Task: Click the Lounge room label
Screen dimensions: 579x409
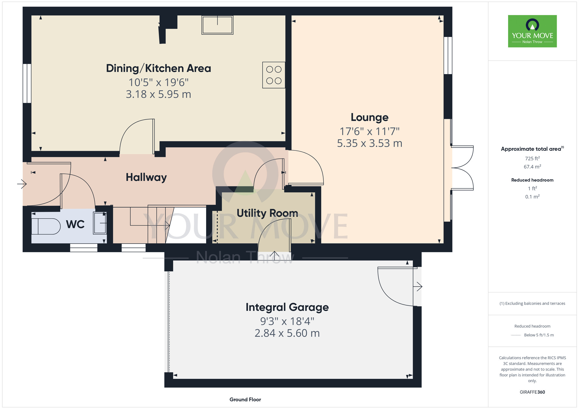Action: [x=369, y=117]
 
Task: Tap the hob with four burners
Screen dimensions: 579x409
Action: [x=274, y=75]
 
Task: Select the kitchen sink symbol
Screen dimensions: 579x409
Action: [x=217, y=25]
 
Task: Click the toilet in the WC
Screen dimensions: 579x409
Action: [x=46, y=226]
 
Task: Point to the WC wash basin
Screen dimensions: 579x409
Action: [x=100, y=223]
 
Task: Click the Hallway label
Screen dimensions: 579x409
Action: [x=146, y=177]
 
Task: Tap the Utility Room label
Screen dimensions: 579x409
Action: [x=267, y=213]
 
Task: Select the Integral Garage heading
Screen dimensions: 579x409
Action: [x=287, y=307]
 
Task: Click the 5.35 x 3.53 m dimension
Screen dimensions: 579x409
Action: [x=369, y=143]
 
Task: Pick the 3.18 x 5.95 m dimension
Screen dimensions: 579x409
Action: [x=158, y=94]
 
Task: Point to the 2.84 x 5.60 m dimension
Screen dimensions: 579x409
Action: [x=287, y=333]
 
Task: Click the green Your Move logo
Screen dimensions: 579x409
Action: [x=532, y=31]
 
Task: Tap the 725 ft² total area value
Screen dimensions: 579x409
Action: [x=532, y=159]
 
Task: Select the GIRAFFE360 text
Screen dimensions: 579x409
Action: [x=532, y=392]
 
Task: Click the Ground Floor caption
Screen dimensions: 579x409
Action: [x=245, y=399]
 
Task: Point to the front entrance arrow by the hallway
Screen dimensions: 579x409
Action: [x=22, y=184]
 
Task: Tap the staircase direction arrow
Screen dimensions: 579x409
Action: [x=150, y=225]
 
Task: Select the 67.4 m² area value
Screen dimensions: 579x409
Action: [x=532, y=167]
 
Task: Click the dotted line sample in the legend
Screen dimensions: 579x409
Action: [x=516, y=335]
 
